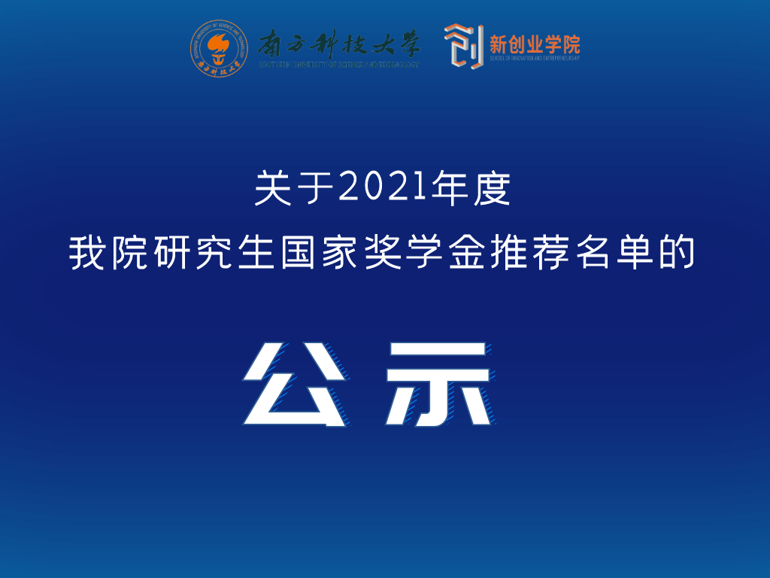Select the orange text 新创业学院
click(535, 43)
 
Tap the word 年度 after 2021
click(468, 188)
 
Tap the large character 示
click(441, 384)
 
